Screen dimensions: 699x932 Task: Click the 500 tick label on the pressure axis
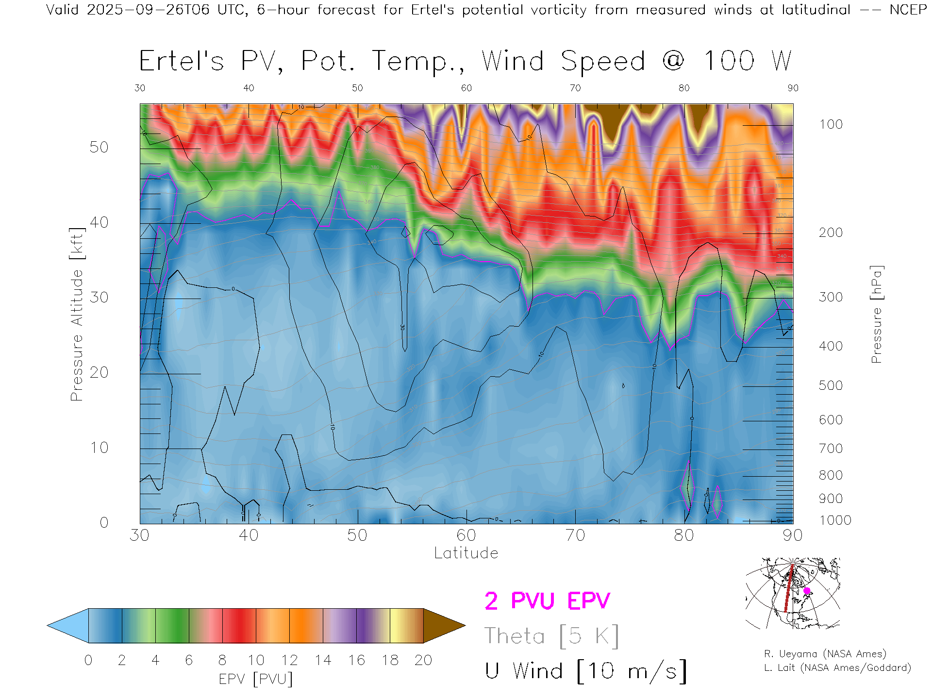tap(831, 385)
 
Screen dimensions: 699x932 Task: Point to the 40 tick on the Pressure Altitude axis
tap(99, 222)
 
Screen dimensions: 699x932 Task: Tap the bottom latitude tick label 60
tap(466, 535)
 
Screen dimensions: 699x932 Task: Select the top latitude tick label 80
tap(683, 88)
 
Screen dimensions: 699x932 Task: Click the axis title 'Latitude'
tap(466, 553)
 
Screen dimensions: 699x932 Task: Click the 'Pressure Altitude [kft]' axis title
tap(77, 314)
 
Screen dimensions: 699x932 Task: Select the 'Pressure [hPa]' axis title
tap(876, 314)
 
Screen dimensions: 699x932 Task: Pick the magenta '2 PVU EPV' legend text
tap(547, 601)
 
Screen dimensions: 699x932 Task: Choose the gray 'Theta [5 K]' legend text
tap(551, 636)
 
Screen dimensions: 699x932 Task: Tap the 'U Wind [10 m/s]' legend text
tap(585, 671)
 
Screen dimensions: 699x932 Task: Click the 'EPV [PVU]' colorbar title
tap(256, 679)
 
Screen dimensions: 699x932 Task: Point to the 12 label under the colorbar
tap(289, 660)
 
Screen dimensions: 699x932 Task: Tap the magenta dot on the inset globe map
tap(807, 591)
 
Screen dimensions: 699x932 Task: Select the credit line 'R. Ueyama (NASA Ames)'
tap(825, 654)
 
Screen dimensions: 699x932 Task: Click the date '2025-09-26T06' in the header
tap(149, 10)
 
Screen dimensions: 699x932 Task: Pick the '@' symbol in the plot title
tap(673, 61)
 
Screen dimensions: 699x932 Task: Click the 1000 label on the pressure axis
tap(835, 520)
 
